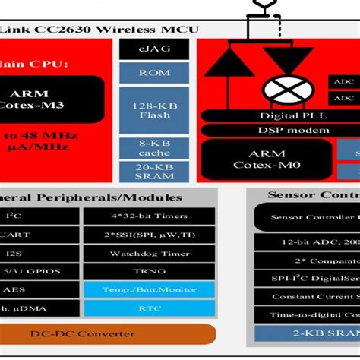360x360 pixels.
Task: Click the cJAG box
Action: pos(154,49)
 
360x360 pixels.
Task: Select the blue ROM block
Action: pos(154,73)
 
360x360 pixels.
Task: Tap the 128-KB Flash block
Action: pos(154,109)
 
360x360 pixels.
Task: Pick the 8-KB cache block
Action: pos(154,147)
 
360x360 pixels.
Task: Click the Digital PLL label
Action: pos(283,115)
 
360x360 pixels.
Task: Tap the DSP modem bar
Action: pos(283,130)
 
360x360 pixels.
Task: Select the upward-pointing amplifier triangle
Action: pos(229,62)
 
